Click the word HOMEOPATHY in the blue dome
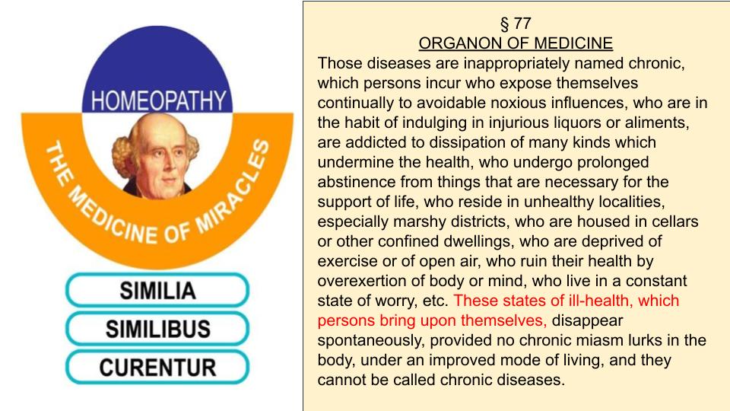tap(158, 100)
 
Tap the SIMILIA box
tap(157, 290)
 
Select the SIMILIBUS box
tap(157, 329)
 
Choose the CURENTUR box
tap(157, 368)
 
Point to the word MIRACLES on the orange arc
tap(233, 186)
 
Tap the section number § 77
tap(516, 24)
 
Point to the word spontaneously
tap(371, 341)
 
